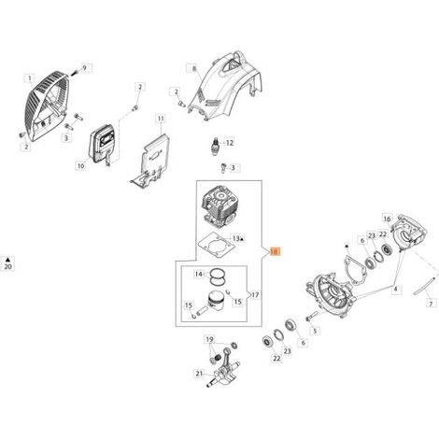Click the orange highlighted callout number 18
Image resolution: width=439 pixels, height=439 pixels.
(x=275, y=251)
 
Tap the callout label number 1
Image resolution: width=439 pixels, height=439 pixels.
(x=30, y=78)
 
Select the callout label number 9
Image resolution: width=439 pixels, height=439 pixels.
(x=84, y=67)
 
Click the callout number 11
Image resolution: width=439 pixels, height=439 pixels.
(x=161, y=119)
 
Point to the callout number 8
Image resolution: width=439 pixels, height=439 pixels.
(x=193, y=68)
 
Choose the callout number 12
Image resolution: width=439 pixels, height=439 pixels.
(x=230, y=143)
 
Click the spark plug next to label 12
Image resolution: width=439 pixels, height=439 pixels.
(x=215, y=146)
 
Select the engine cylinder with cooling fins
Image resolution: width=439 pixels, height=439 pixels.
(x=218, y=205)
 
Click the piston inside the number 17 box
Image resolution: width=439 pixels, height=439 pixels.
(x=217, y=302)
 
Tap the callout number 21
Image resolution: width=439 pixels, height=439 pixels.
(x=199, y=374)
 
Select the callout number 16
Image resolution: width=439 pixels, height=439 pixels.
(x=387, y=219)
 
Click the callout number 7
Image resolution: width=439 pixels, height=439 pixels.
(x=431, y=304)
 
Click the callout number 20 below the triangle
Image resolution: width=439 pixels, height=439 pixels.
(x=7, y=266)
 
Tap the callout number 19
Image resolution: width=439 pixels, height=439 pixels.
(x=210, y=339)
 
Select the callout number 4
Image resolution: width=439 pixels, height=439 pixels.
(x=395, y=290)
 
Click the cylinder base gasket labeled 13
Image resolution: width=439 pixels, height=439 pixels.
(x=216, y=246)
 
